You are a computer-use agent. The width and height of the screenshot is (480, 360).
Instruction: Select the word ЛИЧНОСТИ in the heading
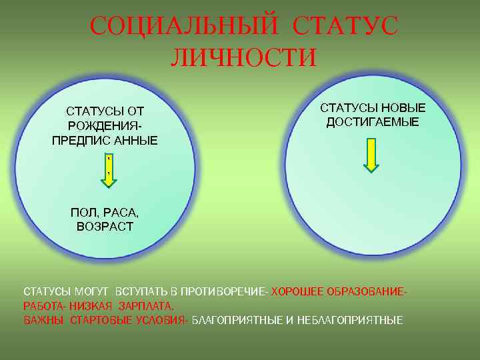point(243,57)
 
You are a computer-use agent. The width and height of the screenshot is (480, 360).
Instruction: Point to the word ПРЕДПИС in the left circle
point(75,141)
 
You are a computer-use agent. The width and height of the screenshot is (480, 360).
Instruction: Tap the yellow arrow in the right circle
point(371,155)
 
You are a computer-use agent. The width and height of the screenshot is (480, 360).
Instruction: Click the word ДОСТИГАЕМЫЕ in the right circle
point(373,122)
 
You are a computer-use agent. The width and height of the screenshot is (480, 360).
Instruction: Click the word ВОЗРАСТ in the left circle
point(105,227)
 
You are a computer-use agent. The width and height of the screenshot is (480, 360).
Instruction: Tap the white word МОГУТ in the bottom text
point(93,292)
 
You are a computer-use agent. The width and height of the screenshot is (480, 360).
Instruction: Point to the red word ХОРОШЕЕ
point(297,292)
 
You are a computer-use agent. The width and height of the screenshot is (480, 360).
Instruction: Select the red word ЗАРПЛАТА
point(146,307)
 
